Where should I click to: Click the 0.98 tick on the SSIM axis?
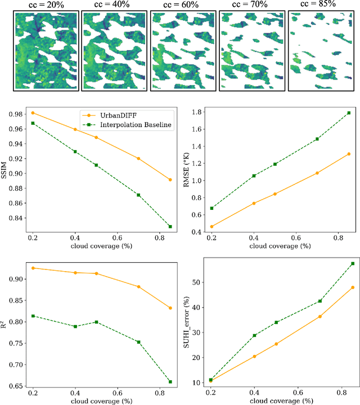coord(17,114)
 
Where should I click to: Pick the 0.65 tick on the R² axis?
coord(17,386)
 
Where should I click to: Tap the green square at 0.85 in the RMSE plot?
coord(349,112)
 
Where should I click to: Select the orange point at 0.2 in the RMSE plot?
coord(211,227)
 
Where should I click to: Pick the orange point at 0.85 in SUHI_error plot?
coord(353,287)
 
